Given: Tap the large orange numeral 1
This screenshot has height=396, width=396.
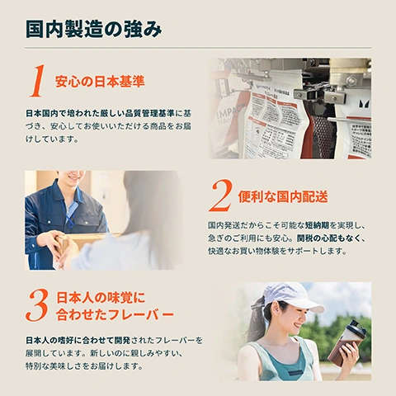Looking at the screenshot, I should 36,82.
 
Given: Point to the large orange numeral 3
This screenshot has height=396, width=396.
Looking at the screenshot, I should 37,306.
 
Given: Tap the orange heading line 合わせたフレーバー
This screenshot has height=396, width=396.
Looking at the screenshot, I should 115,315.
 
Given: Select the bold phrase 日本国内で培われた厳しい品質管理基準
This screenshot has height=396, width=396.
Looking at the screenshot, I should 99,111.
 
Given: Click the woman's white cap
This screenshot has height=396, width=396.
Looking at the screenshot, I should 295,295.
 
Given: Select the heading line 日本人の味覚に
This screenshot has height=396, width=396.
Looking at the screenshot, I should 101,297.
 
